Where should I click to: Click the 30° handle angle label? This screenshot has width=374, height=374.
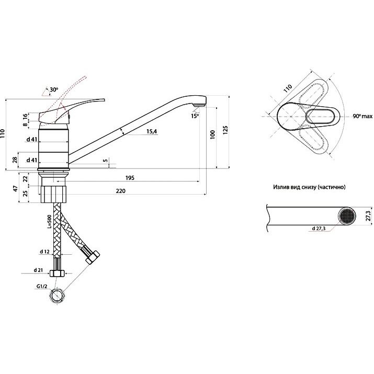tap(54, 89)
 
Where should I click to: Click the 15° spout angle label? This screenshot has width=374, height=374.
tap(195, 116)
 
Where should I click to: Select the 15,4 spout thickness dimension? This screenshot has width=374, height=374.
tap(152, 131)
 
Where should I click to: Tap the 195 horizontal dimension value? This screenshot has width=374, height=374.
tap(130, 178)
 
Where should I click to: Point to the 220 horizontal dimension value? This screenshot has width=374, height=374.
tap(121, 191)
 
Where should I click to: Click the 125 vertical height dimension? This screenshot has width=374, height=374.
tap(225, 130)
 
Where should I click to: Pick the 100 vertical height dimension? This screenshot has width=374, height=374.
tap(212, 134)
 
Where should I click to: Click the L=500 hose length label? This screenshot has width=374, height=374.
tap(49, 222)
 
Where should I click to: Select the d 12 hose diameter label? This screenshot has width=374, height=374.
tap(44, 252)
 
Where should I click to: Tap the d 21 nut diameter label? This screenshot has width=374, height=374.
tap(38, 270)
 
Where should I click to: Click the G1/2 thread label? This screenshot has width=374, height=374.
tap(42, 287)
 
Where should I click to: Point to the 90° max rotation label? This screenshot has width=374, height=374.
tap(362, 116)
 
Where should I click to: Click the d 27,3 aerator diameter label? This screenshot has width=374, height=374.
tap(319, 229)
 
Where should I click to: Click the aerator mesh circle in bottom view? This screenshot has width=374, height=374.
tap(347, 216)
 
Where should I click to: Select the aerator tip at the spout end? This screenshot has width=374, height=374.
tap(199, 105)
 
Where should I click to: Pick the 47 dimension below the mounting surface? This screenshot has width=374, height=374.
tap(16, 188)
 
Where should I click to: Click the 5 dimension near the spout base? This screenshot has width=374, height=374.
tap(105, 161)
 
